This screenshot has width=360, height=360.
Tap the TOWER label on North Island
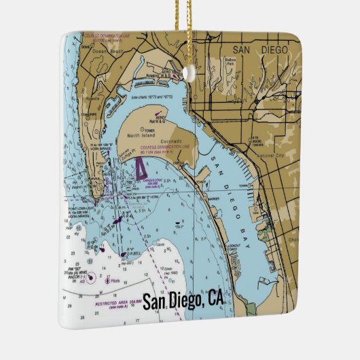coord(149,128)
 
